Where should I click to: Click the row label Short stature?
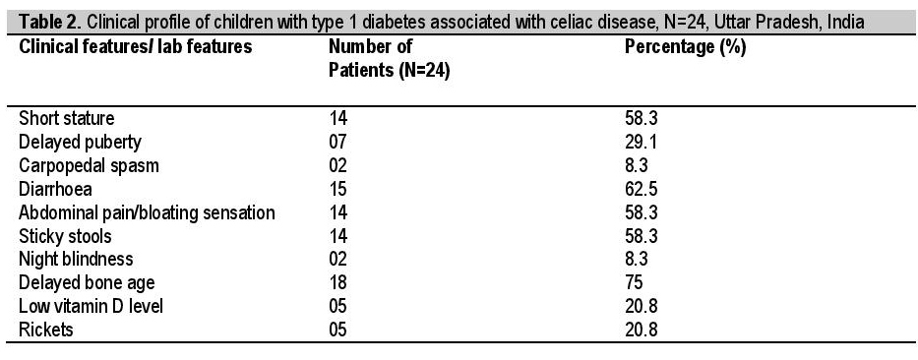pos(66,118)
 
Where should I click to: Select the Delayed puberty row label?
pos(80,143)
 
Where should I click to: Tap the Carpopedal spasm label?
pos(89,165)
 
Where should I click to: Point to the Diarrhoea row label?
pos(55,189)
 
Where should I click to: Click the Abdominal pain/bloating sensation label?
pos(147,212)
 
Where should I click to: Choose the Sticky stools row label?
pos(65,236)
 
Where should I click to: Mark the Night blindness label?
pos(76,259)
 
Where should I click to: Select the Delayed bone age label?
pos(87,282)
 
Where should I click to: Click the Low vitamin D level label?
pos(91,306)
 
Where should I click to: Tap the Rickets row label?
pos(45,329)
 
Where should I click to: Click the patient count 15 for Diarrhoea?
pos(337,189)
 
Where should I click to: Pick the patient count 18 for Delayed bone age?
pos(337,282)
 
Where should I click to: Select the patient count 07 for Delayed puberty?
pos(337,142)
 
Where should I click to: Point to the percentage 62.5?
pos(642,189)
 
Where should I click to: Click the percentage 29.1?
pos(642,142)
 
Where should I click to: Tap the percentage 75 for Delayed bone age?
pos(634,282)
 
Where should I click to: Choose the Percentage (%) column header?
pos(686,47)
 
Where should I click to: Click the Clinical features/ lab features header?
pos(135,47)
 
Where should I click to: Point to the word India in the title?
pos(848,23)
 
